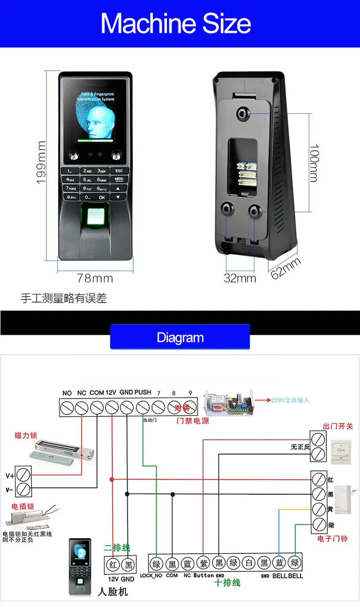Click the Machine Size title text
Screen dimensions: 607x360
[176, 23]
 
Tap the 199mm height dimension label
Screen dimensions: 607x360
[41, 162]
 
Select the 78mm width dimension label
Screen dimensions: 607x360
[95, 278]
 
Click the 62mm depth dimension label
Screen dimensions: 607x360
[286, 267]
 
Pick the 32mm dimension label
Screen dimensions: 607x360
[240, 278]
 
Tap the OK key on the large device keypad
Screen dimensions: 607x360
[102, 197]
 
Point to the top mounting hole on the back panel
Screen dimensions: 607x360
[242, 113]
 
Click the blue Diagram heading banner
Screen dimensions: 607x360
[180, 337]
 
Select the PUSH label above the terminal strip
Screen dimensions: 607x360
[143, 392]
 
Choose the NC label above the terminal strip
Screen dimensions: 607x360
[82, 393]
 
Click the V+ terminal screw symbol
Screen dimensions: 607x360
[23, 475]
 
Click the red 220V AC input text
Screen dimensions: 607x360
[290, 400]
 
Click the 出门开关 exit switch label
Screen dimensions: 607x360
[338, 426]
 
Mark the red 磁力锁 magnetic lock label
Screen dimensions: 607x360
[25, 436]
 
